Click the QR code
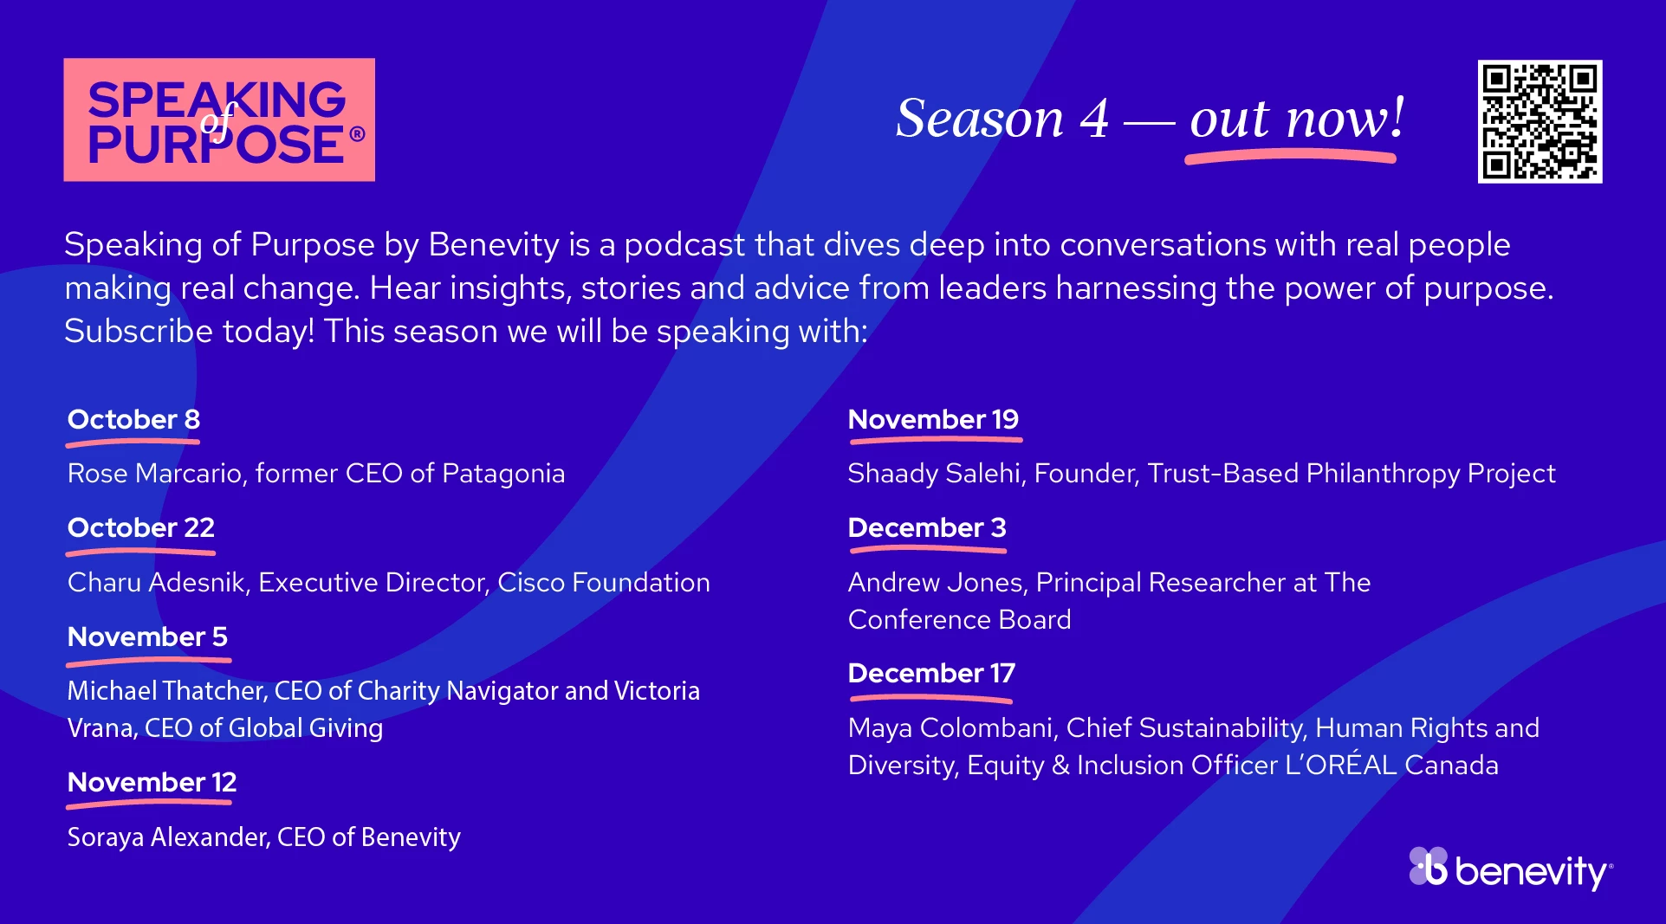tap(1540, 121)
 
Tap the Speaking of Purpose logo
tap(219, 120)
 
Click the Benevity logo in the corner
tap(1511, 869)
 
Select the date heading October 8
tap(133, 419)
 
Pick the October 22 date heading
tap(141, 527)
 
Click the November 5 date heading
tap(147, 636)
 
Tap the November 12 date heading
tap(152, 782)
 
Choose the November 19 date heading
tap(933, 419)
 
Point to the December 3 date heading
tap(927, 527)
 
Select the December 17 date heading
tap(931, 673)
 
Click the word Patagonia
tap(503, 474)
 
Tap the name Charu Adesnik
tap(157, 582)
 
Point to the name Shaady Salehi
tap(935, 474)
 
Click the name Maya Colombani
tap(951, 728)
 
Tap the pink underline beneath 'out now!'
tap(1290, 157)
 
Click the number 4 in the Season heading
tap(1093, 119)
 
